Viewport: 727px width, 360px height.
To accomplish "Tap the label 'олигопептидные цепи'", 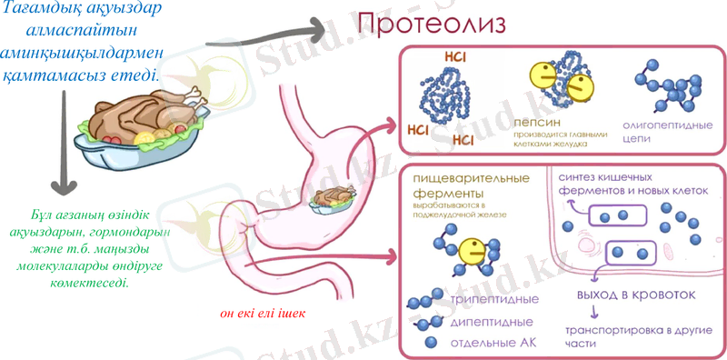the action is click(658, 126).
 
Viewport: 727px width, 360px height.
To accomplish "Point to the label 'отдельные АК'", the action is click(493, 342).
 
